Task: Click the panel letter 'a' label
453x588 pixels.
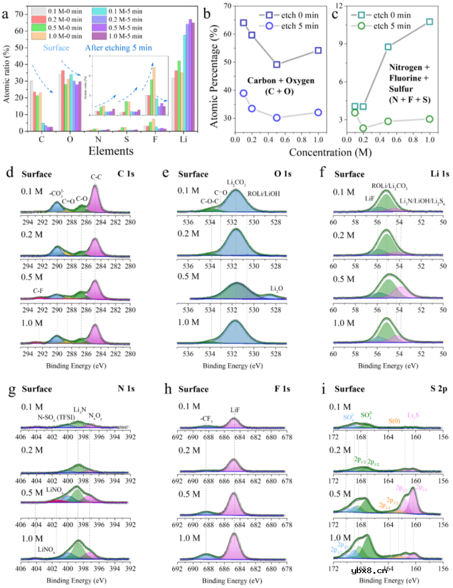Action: (5, 15)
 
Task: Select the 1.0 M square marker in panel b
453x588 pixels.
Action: (318, 50)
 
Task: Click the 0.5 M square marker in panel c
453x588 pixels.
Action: (388, 47)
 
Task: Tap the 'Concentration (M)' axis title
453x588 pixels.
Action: (336, 153)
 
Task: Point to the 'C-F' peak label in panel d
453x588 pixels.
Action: (38, 290)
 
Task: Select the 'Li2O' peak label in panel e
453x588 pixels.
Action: (277, 288)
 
